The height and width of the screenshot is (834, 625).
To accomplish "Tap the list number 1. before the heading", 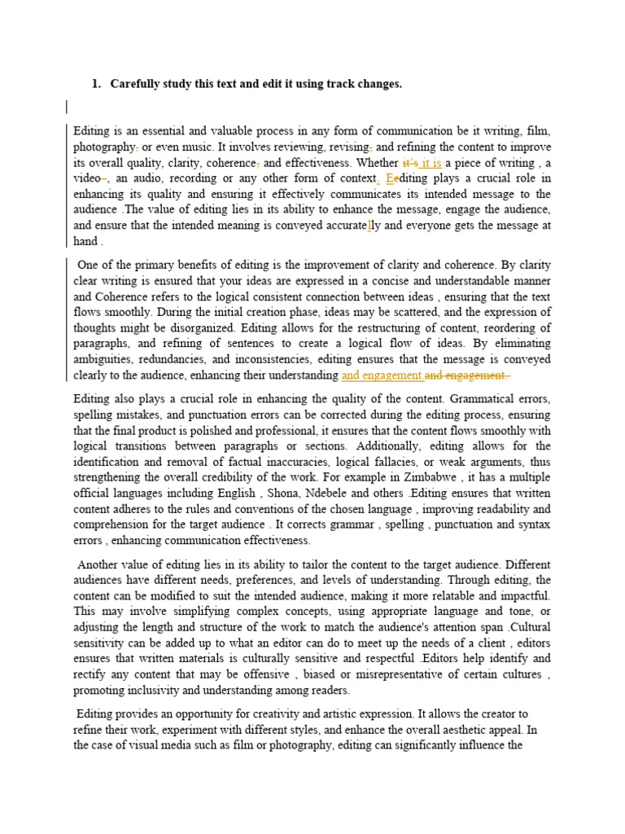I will pos(96,84).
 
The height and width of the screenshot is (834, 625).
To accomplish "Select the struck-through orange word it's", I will pos(409,162).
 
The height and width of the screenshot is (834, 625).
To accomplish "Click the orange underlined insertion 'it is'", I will pos(430,162).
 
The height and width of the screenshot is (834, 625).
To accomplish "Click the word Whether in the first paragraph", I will pos(378,162).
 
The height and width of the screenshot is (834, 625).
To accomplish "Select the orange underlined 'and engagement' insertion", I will pos(382,375).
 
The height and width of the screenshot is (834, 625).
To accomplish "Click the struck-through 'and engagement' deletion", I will pos(467,375).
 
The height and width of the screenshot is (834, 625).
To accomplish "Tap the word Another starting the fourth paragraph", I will pos(101,564).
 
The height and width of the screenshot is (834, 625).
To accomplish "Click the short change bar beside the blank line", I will pos(67,107).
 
